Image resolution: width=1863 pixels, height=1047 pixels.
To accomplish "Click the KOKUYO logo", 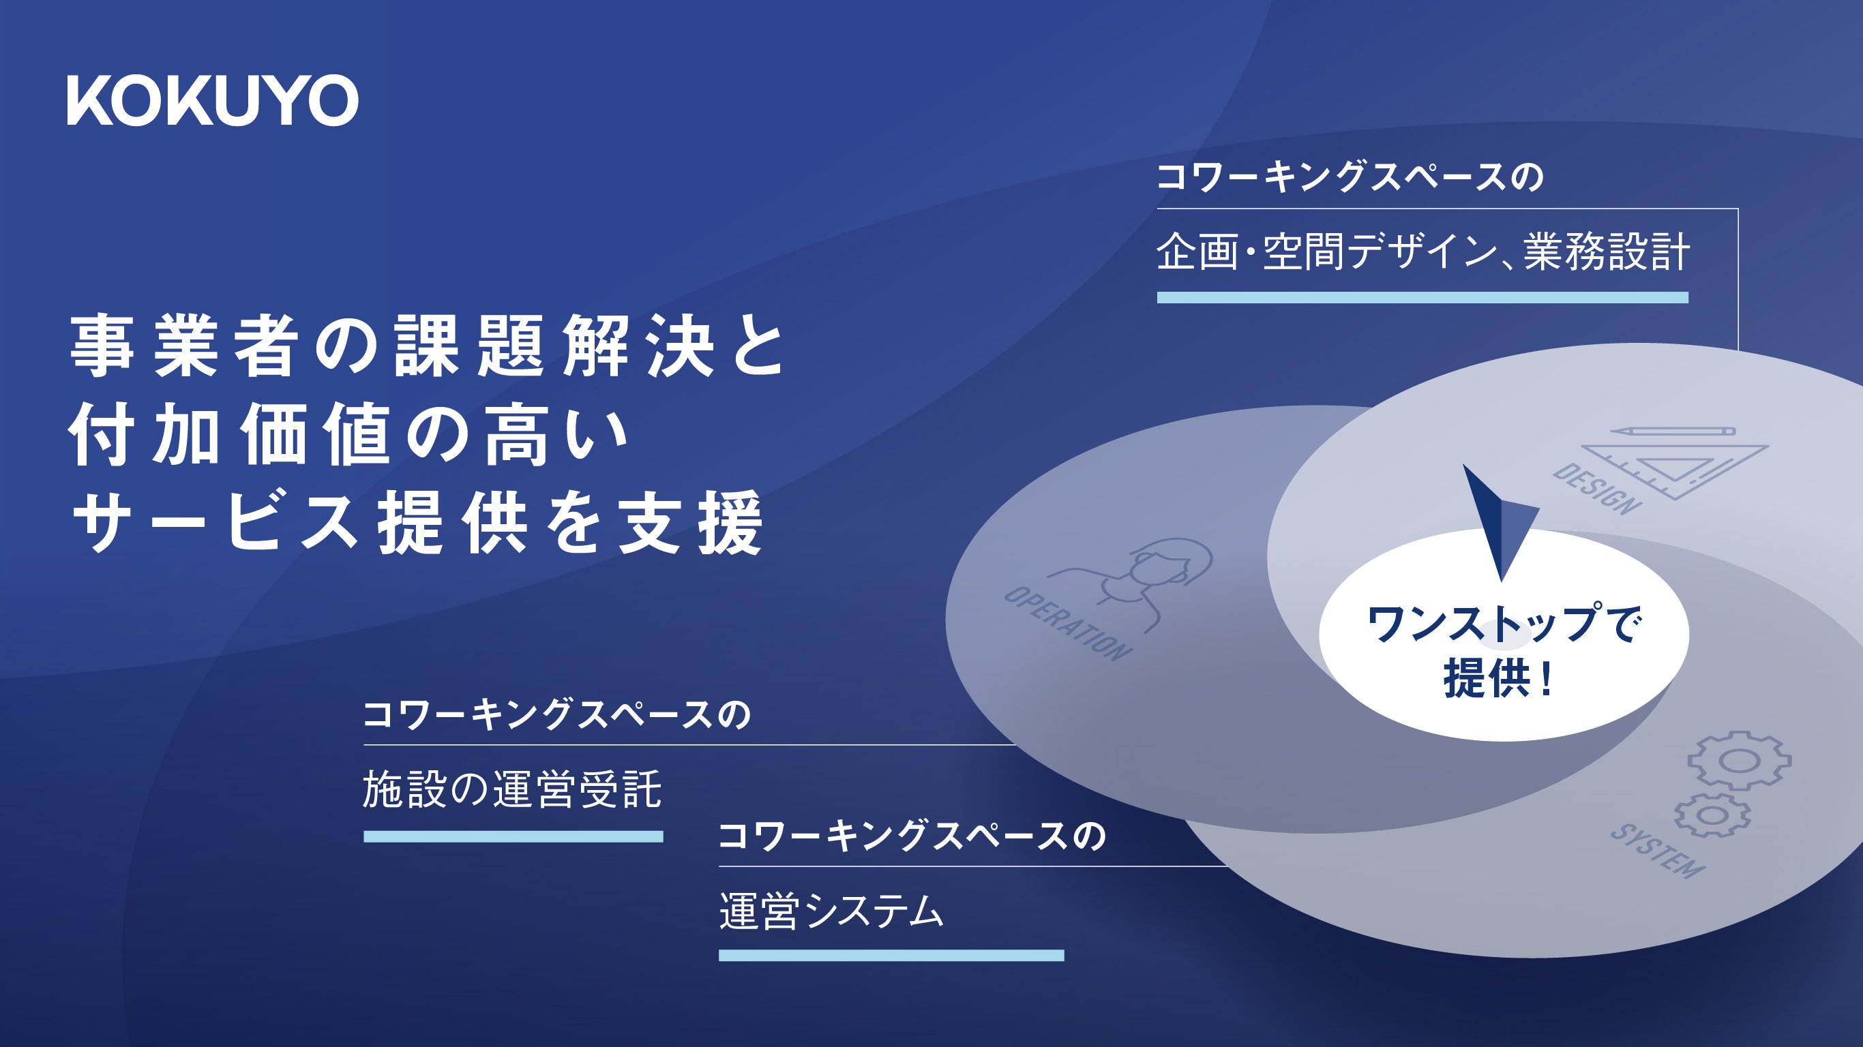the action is [x=213, y=100].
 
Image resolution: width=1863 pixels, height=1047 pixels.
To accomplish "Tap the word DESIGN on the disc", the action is [x=1597, y=489].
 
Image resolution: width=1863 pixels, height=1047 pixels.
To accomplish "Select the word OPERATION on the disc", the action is [x=1067, y=623].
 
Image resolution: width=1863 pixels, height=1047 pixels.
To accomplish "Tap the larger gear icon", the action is [x=1740, y=760].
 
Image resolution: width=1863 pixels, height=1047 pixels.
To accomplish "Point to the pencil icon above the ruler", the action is [x=1672, y=431].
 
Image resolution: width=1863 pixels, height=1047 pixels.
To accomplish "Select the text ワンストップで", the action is [x=1504, y=624].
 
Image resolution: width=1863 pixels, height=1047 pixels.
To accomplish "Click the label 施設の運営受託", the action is [x=512, y=789].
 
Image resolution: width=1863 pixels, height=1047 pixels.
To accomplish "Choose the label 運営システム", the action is [x=832, y=911].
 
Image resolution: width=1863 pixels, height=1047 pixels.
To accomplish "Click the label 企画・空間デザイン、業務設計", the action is [x=1422, y=252].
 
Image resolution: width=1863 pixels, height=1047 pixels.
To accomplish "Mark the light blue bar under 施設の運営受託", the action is [x=513, y=836].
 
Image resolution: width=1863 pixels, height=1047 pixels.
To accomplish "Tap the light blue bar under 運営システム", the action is [x=892, y=955].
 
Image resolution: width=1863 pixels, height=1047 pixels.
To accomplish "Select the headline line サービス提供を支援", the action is [x=417, y=523].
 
